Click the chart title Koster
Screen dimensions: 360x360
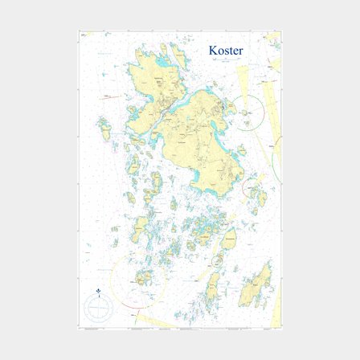coord(226,51)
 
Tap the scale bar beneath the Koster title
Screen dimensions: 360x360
coord(225,60)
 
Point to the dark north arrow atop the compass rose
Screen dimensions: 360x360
coord(98,290)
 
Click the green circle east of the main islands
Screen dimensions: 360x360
coord(277,161)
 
